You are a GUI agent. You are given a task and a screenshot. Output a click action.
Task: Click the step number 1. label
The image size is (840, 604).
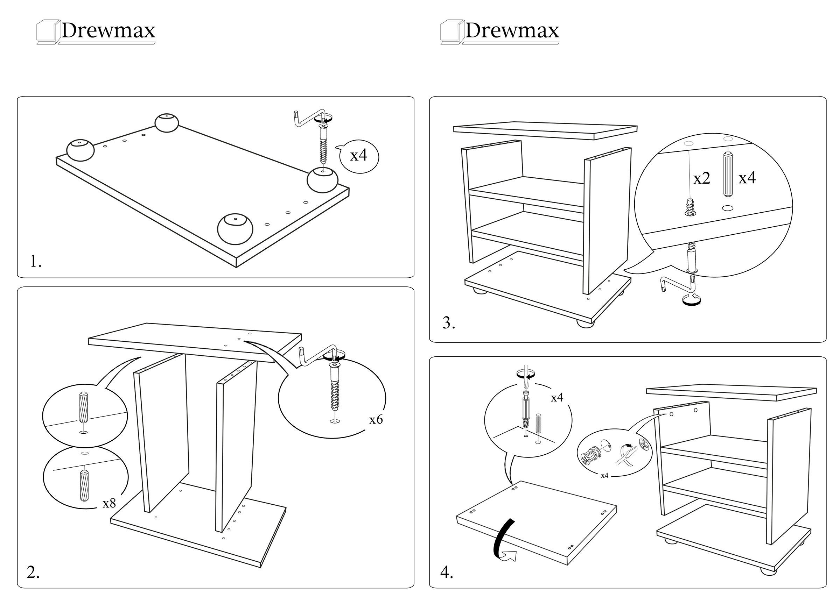coord(35,261)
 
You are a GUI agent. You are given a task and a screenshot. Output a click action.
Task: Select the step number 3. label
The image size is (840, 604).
coord(448,323)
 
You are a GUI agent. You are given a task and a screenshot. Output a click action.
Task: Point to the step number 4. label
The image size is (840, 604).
coord(446,573)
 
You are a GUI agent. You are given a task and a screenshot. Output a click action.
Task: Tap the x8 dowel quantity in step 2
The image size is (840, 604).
coord(109,503)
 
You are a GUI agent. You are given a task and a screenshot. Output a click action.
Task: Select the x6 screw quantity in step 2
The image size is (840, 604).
coord(376,420)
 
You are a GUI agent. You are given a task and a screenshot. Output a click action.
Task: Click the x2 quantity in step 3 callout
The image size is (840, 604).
coord(701,179)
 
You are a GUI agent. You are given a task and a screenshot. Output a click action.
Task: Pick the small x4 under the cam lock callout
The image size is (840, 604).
coord(604,476)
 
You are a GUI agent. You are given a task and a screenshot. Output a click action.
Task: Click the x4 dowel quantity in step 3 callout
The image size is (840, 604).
coord(747,178)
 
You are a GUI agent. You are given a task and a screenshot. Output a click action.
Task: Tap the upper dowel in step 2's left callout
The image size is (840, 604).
coord(83,407)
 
